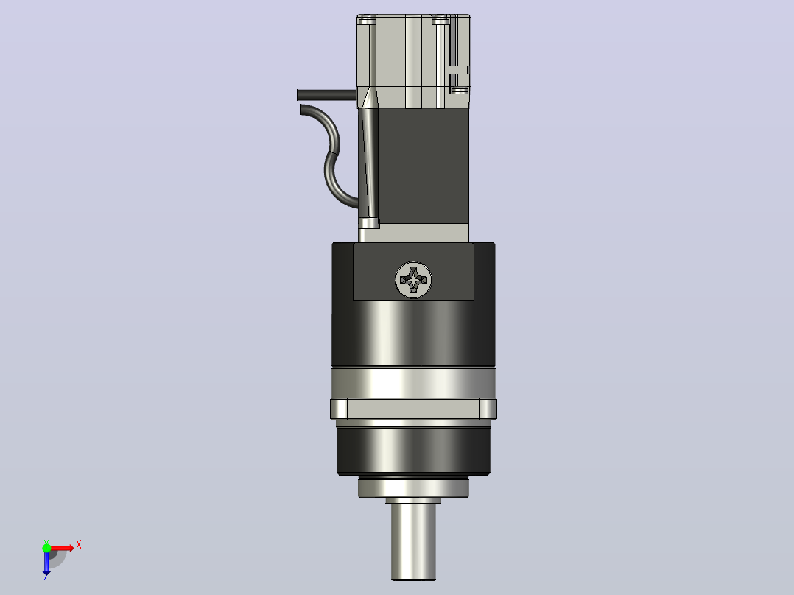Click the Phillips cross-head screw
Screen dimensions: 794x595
(x=413, y=280)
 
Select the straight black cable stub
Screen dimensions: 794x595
(x=326, y=95)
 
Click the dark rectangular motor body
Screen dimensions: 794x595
(x=424, y=166)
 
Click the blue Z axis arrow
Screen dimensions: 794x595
(x=46, y=561)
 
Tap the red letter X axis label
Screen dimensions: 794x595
(x=79, y=545)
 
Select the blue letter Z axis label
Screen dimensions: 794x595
(x=46, y=577)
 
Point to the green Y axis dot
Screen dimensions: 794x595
(x=46, y=548)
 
